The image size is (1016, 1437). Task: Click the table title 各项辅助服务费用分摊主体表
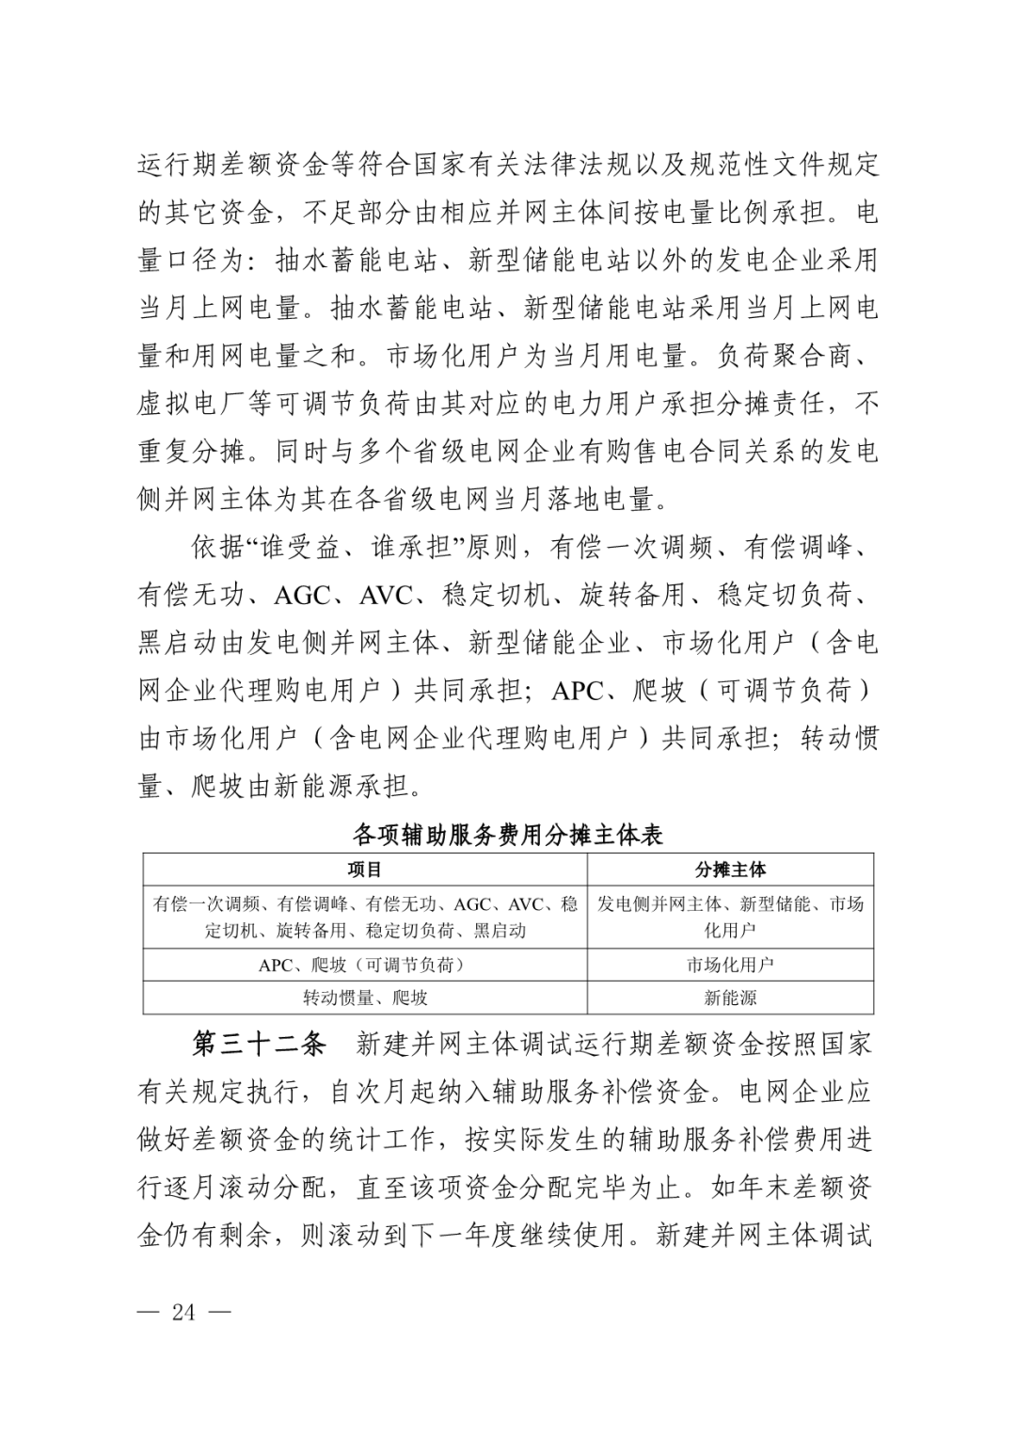coord(508,835)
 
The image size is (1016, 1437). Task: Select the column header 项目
coord(365,870)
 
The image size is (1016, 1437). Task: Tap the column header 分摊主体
coord(730,870)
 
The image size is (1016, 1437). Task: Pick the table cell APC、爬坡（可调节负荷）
coord(365,965)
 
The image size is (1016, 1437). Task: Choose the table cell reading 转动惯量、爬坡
coord(365,998)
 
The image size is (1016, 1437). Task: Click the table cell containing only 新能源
coord(730,998)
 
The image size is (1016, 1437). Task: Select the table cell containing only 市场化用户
coord(730,965)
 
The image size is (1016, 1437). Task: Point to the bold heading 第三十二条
coord(260,1044)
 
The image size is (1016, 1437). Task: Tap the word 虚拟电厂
coord(193,404)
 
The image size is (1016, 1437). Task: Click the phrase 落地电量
coord(599,499)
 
